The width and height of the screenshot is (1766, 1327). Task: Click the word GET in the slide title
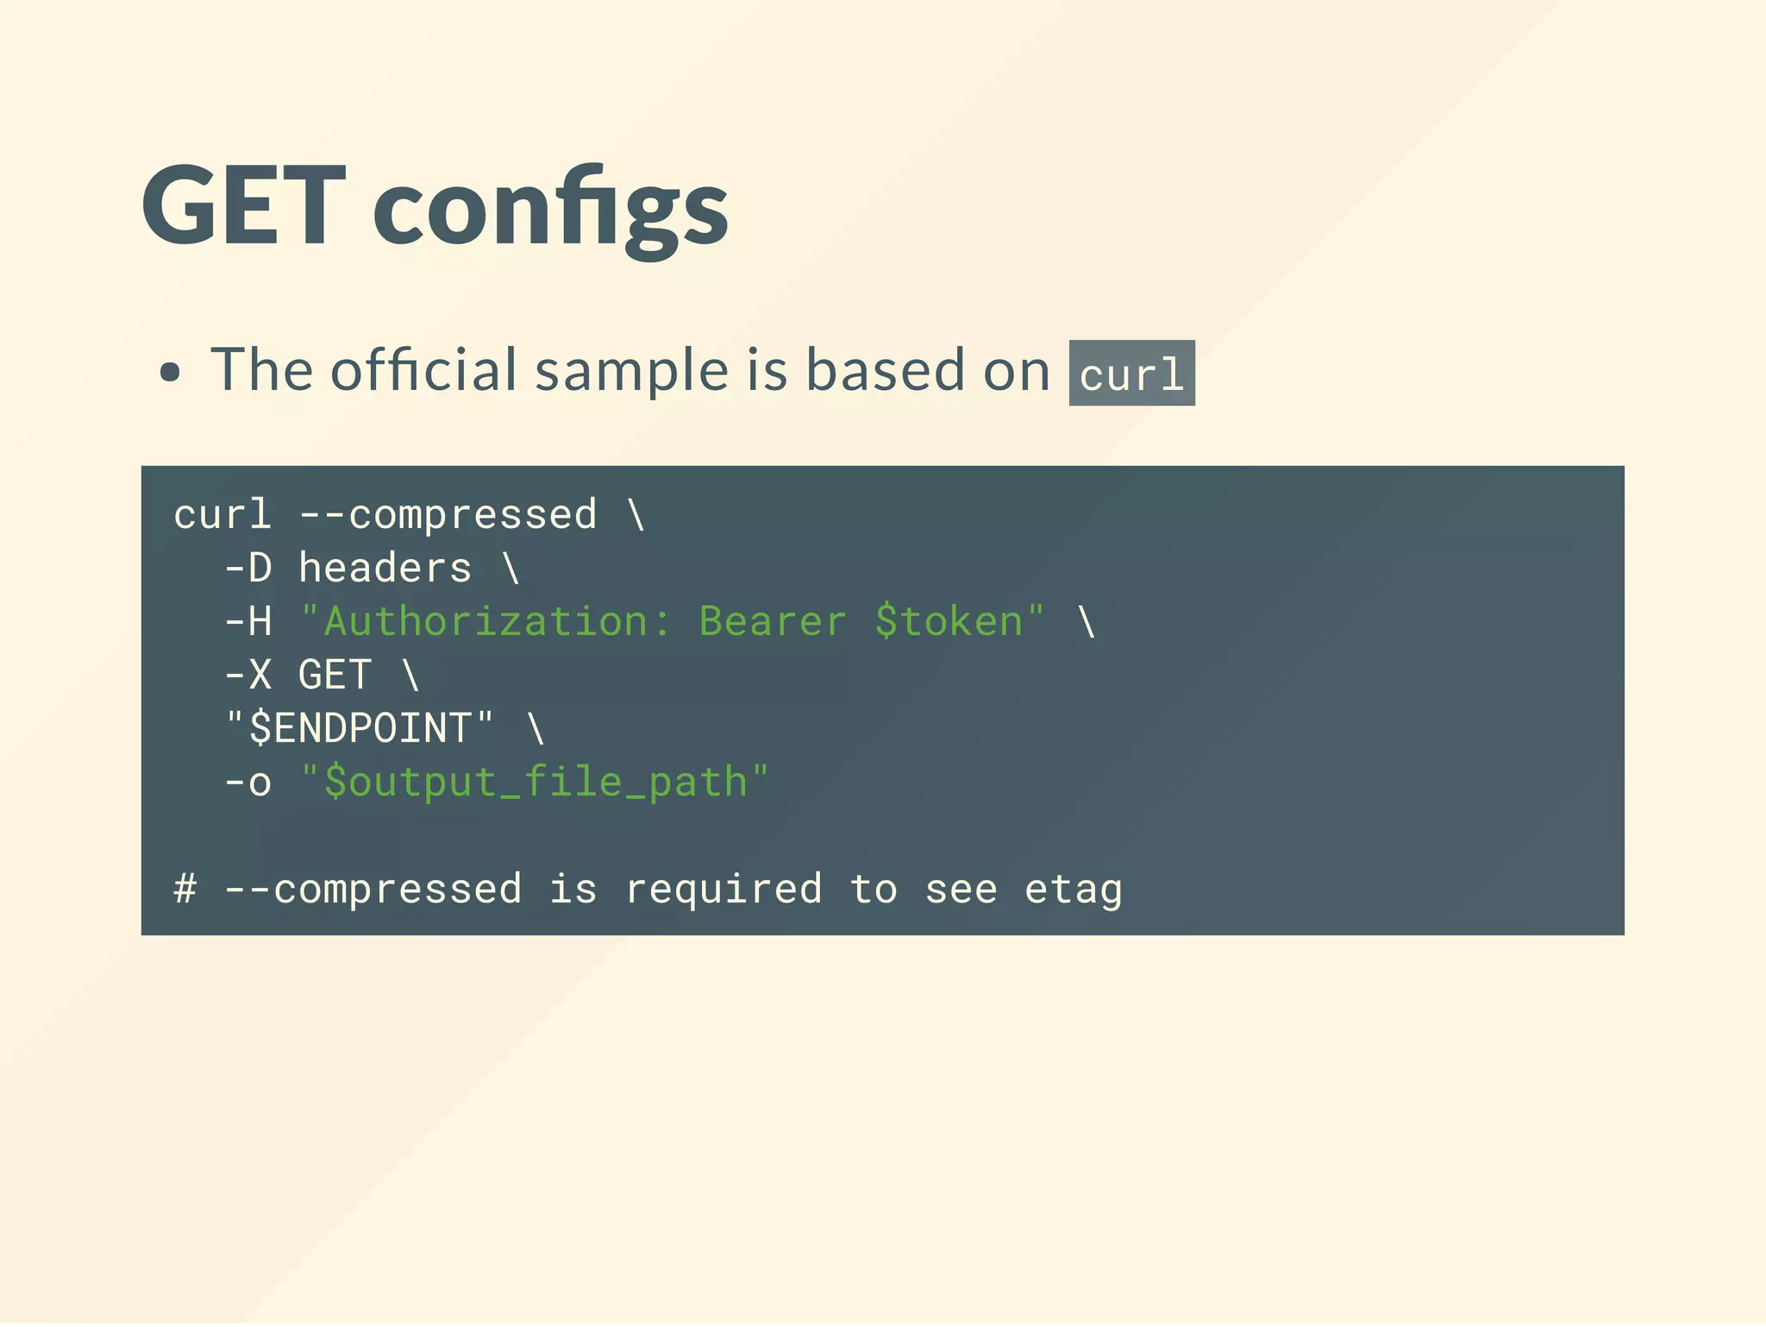coord(244,207)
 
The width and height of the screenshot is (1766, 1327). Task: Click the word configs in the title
coord(550,211)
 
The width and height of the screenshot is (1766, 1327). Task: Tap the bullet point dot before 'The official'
coord(171,373)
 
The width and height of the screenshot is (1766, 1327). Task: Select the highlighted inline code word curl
coord(1131,374)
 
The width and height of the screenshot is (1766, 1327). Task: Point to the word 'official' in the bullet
coord(424,369)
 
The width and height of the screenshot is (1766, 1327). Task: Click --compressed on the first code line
coord(448,515)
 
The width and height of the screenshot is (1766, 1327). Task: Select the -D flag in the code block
coord(248,569)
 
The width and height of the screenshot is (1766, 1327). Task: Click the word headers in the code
coord(385,569)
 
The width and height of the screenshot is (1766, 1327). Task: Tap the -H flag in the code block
coord(248,622)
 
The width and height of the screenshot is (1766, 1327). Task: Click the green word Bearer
coord(773,622)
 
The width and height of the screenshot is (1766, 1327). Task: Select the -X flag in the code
coord(248,676)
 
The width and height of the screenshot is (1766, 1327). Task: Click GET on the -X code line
coord(335,676)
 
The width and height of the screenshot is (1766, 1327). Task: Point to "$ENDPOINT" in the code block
coord(360,728)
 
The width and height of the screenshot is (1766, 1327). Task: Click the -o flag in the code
coord(248,783)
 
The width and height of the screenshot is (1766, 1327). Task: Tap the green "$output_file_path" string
coord(535,783)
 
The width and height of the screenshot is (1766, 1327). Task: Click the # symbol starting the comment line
coord(185,890)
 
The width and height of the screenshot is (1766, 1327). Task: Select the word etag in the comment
coord(1074,890)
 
